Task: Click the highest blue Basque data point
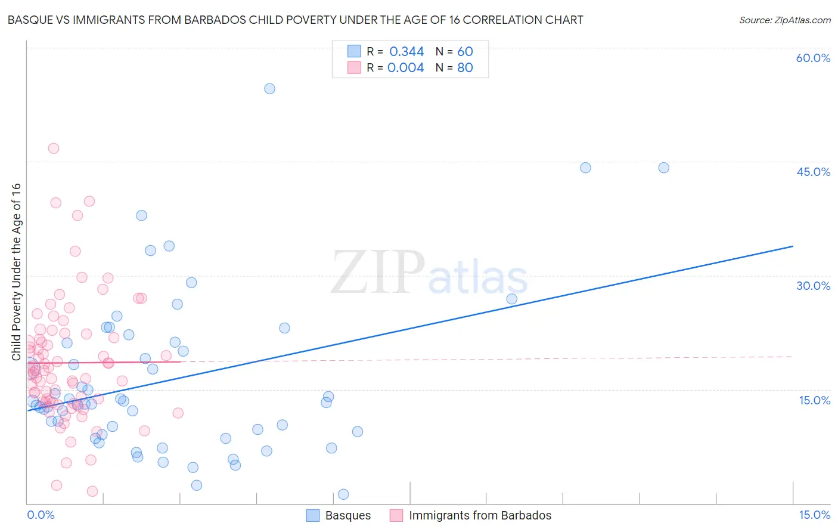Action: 269,89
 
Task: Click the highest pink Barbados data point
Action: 54,149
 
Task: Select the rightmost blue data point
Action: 663,168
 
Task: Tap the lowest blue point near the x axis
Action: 343,494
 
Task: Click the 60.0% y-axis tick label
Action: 813,58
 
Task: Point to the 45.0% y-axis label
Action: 813,172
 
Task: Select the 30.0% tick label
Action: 813,286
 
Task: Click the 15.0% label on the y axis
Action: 814,400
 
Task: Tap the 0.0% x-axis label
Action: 41,515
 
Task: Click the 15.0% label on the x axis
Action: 814,515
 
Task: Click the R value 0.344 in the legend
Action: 406,52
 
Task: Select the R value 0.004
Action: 405,68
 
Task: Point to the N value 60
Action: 465,52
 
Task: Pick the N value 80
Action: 465,68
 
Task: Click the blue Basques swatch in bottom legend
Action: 313,515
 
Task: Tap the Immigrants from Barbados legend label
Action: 480,515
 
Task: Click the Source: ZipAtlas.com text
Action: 784,20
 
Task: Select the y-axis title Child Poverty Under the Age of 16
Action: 17,271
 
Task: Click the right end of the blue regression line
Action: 793,246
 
